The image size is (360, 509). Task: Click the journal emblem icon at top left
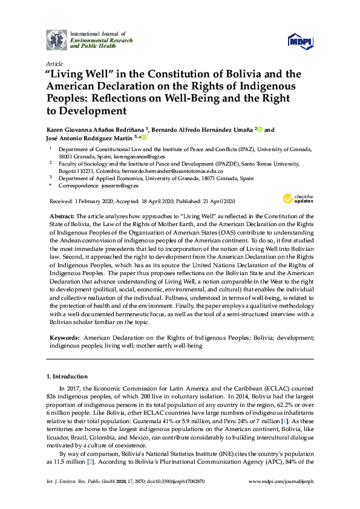(57, 39)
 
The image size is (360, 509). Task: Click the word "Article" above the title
(54, 63)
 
